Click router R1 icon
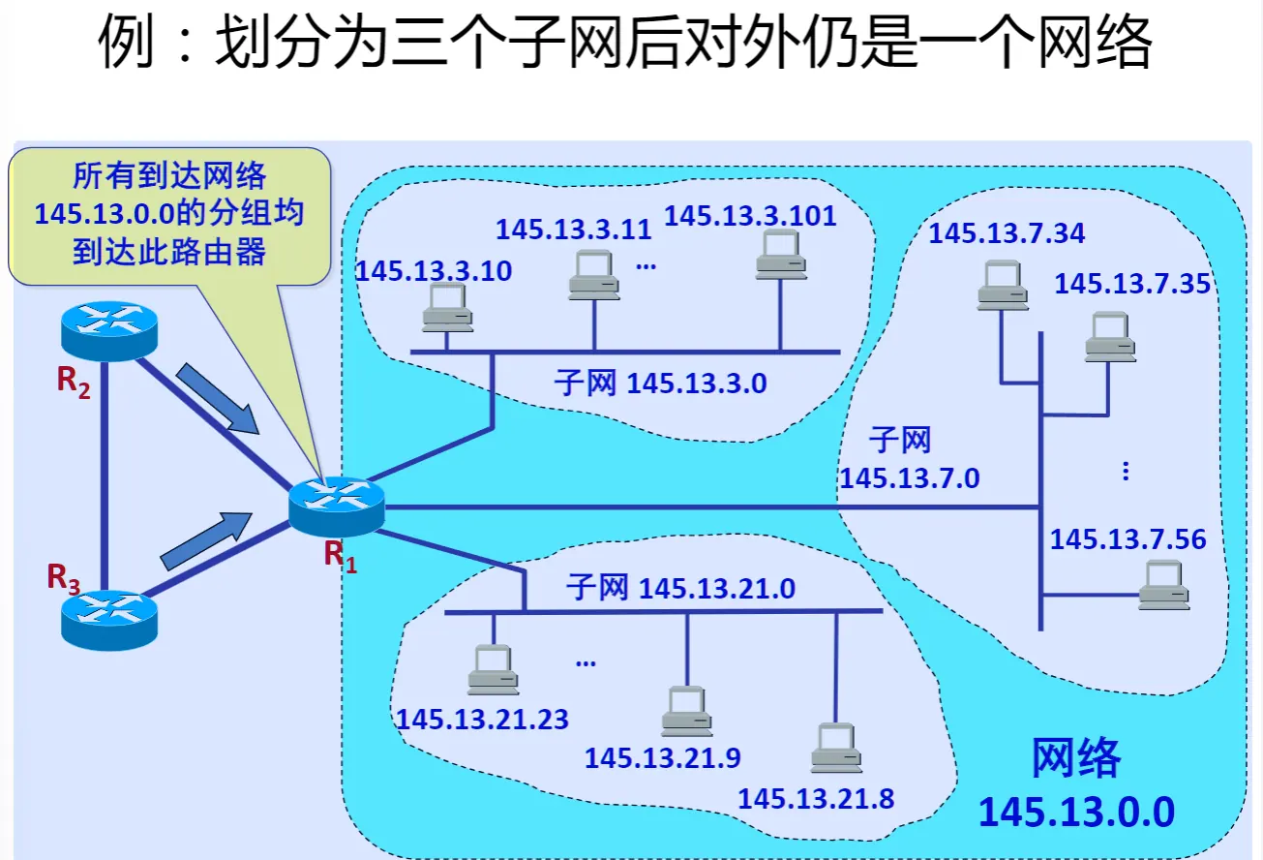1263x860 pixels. pyautogui.click(x=336, y=506)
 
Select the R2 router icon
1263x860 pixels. pyautogui.click(x=107, y=330)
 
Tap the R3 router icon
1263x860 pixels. pyautogui.click(x=107, y=619)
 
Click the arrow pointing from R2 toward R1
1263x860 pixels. pyautogui.click(x=218, y=397)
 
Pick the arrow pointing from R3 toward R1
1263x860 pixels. pyautogui.click(x=202, y=539)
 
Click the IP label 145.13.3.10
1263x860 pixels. pyautogui.click(x=434, y=271)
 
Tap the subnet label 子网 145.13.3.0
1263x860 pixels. pyautogui.click(x=660, y=384)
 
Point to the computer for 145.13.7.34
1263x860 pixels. pyautogui.click(x=1002, y=285)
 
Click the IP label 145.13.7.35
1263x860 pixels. pyautogui.click(x=1132, y=284)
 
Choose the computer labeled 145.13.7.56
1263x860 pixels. pyautogui.click(x=1163, y=584)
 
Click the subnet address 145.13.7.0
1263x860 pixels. pyautogui.click(x=909, y=477)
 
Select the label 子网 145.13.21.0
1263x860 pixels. pyautogui.click(x=680, y=587)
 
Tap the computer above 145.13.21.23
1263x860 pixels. pyautogui.click(x=493, y=669)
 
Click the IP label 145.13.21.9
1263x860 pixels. pyautogui.click(x=662, y=757)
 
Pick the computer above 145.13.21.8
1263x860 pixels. pyautogui.click(x=836, y=748)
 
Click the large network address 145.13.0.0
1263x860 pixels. pyautogui.click(x=1075, y=812)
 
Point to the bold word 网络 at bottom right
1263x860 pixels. pyautogui.click(x=1075, y=757)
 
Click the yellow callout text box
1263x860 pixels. pyautogui.click(x=169, y=215)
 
